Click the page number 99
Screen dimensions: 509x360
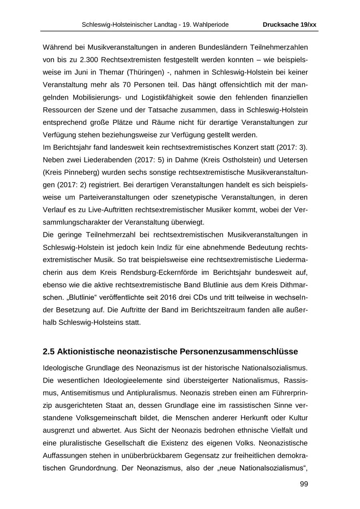[x=304, y=484]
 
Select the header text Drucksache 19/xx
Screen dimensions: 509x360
[x=289, y=25]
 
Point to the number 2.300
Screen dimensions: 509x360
[x=89, y=60]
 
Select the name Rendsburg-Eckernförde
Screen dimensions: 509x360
[x=144, y=272]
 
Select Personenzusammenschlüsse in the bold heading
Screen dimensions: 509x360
[x=239, y=352]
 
